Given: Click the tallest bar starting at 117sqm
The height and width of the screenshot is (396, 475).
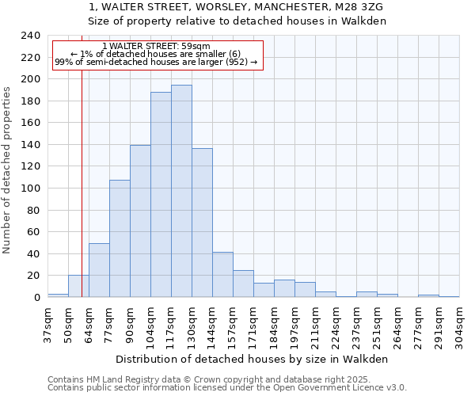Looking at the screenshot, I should click(181, 191).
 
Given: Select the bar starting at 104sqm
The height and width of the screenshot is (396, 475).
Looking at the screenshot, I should click(161, 195).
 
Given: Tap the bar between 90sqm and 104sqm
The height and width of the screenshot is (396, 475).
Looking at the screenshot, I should click(140, 221).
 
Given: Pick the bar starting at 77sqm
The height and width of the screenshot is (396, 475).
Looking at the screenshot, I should click(120, 238).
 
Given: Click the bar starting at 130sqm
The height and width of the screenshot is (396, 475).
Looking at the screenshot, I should click(202, 223).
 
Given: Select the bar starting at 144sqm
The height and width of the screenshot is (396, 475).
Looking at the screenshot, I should click(222, 275).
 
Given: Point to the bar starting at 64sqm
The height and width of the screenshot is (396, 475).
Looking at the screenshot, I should click(99, 270).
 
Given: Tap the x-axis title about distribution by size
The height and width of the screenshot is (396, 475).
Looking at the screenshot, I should click(253, 359).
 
